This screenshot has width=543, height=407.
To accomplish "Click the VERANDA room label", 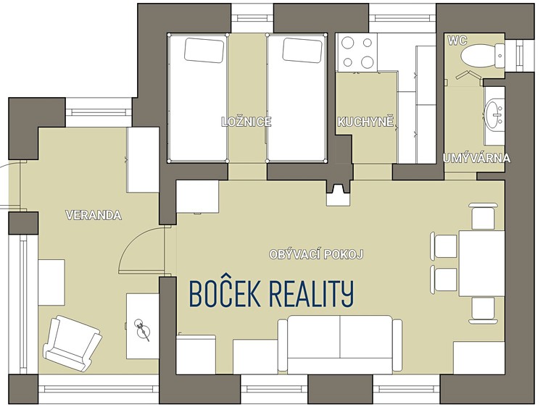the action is [x=94, y=215].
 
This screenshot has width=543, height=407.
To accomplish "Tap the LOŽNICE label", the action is [x=246, y=122].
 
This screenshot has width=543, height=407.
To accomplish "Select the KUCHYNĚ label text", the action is [x=365, y=122].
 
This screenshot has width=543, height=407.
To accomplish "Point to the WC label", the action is [x=457, y=41].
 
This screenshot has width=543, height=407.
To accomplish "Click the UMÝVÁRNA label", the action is [x=476, y=158].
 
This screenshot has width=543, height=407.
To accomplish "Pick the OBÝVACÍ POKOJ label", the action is [x=316, y=254].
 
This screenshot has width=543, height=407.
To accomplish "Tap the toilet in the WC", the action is [x=483, y=56].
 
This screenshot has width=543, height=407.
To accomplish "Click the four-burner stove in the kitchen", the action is [x=357, y=52].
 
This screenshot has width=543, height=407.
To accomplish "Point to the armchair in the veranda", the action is [x=72, y=343].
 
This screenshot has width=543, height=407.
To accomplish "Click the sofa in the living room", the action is [x=340, y=345].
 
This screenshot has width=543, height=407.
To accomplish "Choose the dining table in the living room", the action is [x=481, y=264].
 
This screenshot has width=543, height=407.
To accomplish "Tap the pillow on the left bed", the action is [x=204, y=51].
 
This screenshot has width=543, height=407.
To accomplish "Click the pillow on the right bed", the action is [x=302, y=51].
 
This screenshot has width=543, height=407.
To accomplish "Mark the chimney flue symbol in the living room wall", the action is [x=338, y=193].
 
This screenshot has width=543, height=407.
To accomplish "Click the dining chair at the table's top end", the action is [x=483, y=217].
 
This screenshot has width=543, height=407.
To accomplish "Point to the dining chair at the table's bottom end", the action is [x=483, y=310].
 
